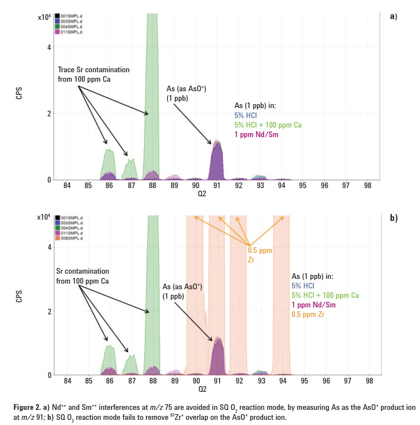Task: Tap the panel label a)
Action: coord(393,17)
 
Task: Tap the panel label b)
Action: coord(393,218)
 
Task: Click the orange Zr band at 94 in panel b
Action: coord(281,303)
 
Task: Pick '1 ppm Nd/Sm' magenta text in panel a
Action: coord(255,134)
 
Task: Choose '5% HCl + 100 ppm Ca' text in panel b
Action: coord(325,295)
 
